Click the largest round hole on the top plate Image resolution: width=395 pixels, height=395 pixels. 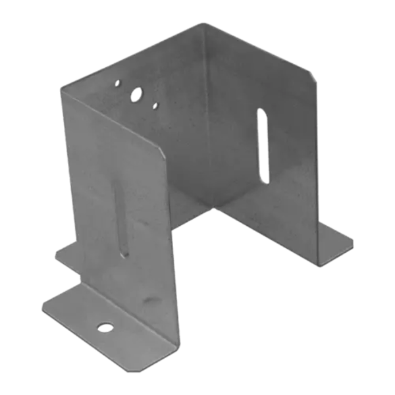coord(136,95)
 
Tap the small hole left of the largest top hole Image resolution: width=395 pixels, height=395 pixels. coord(117,84)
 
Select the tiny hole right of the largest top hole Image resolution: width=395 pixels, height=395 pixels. coord(155,105)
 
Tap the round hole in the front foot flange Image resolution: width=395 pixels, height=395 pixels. coord(104,327)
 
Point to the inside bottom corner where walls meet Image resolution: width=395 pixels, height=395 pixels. coord(216,208)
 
